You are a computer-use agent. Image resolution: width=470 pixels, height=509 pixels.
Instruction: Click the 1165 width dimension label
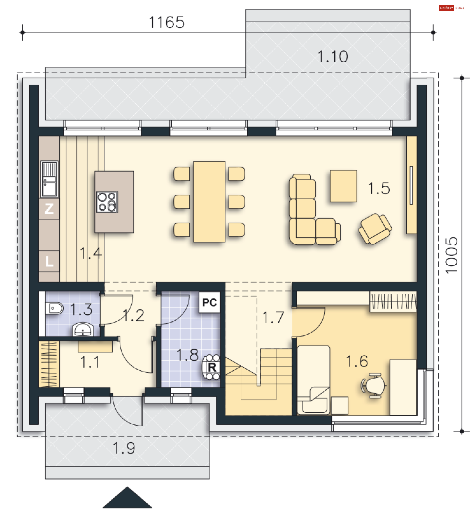[x=167, y=22]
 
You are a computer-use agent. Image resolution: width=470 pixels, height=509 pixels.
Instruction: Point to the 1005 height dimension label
[x=451, y=255]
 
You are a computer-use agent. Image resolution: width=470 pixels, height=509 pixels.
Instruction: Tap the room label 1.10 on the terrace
[x=333, y=57]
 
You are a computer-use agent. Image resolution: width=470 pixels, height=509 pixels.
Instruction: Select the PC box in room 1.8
[x=209, y=302]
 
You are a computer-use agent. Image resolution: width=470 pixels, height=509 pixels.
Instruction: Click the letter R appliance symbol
[x=211, y=367]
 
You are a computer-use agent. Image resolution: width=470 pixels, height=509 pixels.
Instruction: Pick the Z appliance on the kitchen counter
[x=49, y=209]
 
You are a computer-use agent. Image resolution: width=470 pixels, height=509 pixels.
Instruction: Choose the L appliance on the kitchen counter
[x=49, y=261]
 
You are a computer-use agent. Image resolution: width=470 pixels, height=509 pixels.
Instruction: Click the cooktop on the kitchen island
[x=107, y=202]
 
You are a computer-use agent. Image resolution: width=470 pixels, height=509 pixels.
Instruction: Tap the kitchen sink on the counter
[x=49, y=179]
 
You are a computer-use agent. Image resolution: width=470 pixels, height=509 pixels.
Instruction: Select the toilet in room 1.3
[x=54, y=308]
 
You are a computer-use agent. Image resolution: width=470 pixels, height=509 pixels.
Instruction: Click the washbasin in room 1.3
[x=83, y=329]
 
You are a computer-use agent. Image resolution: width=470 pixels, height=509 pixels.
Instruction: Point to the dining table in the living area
[x=209, y=202]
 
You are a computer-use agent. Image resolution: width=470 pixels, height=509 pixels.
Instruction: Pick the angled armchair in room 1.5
[x=375, y=229]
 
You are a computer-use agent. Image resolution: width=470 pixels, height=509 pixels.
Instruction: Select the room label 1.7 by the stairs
[x=273, y=317]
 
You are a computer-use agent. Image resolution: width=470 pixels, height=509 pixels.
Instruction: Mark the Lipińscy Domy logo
[x=452, y=8]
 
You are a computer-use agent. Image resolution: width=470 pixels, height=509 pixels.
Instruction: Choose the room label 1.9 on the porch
[x=124, y=448]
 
